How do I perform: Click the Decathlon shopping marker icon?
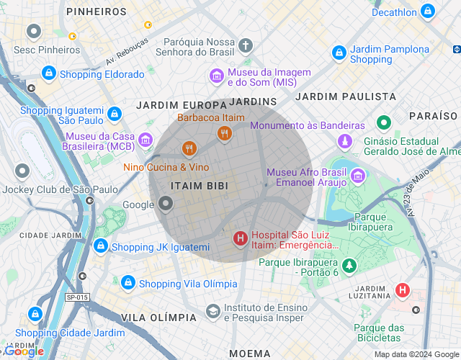point(428,12)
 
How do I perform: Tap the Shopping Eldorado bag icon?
point(48,73)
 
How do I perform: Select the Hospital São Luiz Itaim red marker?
point(240,238)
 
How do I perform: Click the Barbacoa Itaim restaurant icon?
point(224,132)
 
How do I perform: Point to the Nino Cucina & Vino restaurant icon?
point(189,149)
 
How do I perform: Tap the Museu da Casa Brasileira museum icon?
point(146,138)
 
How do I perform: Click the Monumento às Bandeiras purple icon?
point(346,140)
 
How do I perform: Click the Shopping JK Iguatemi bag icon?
point(100,246)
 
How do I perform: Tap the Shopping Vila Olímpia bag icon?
point(127,283)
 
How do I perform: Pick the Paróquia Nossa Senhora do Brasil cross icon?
point(246,46)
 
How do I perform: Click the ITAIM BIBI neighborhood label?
point(200,186)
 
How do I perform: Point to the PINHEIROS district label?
point(96,12)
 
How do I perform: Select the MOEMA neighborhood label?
point(250,354)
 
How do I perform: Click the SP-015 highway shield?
point(76,297)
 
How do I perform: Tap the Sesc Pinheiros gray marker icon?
point(33,32)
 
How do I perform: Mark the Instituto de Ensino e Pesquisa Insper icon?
point(212,311)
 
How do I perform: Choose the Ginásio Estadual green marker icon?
point(384,122)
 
